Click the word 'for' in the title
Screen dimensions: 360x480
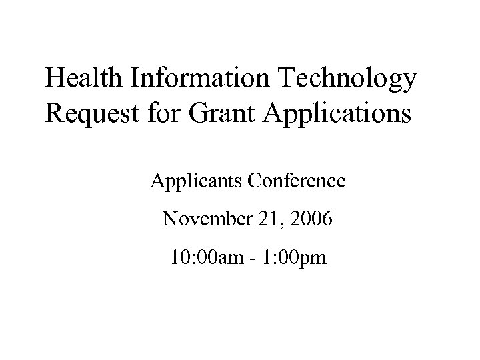point(150,111)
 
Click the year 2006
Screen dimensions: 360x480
point(307,219)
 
